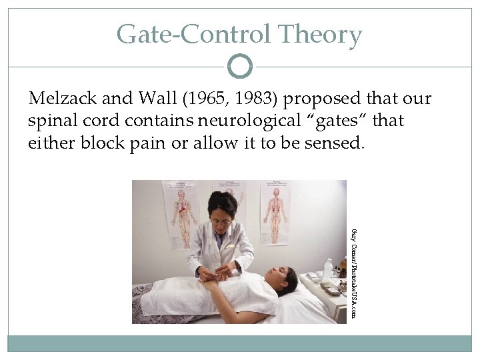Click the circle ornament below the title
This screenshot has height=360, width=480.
[x=240, y=66]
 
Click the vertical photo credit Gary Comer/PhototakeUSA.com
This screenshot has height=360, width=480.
[x=353, y=272]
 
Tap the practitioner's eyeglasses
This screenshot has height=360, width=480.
[x=221, y=221]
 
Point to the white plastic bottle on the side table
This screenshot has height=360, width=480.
[x=327, y=269]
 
